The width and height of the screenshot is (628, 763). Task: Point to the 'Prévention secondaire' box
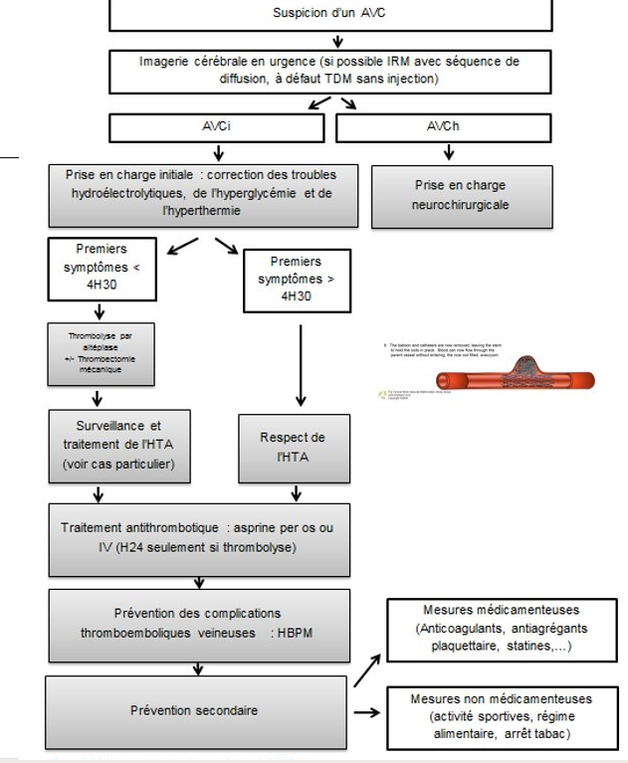pyautogui.click(x=195, y=710)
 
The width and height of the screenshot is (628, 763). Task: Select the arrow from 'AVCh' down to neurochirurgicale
pyautogui.click(x=450, y=153)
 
